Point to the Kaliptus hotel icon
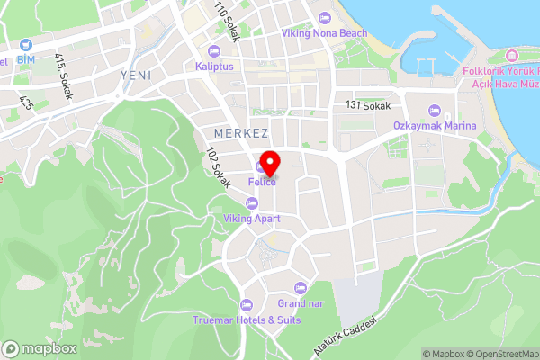click(212, 49)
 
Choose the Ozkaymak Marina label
click(434, 126)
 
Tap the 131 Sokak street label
click(367, 105)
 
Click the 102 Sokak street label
click(220, 167)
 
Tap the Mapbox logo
click(40, 348)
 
